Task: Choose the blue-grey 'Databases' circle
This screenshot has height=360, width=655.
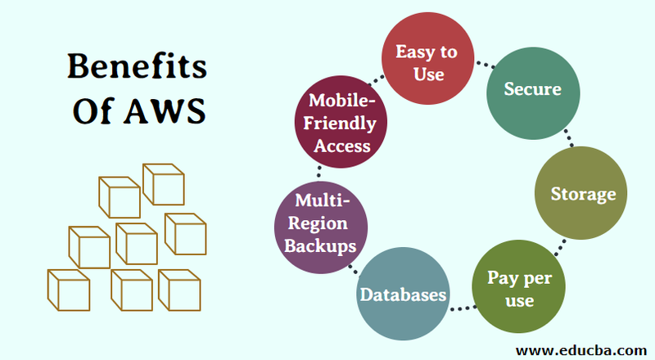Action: pyautogui.click(x=404, y=294)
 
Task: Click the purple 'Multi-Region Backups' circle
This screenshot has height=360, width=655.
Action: pyautogui.click(x=320, y=225)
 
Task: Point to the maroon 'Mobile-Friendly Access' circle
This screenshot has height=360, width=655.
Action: pyautogui.click(x=337, y=124)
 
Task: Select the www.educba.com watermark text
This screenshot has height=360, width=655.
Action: pyautogui.click(x=583, y=349)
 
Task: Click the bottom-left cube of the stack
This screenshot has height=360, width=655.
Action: pyautogui.click(x=68, y=290)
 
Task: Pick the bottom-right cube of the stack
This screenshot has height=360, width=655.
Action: pyautogui.click(x=178, y=288)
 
